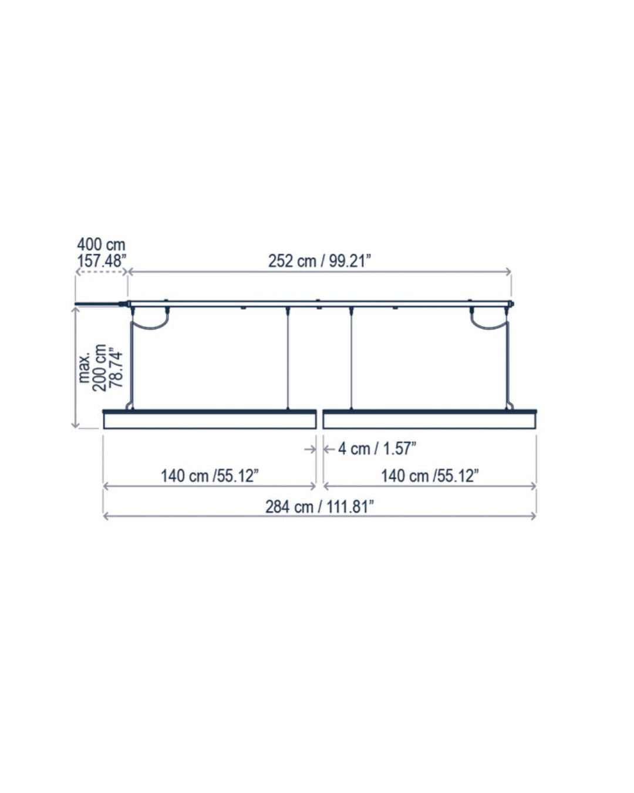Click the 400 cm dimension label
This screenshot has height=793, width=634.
pyautogui.click(x=101, y=245)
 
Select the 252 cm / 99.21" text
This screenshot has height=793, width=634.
pyautogui.click(x=319, y=261)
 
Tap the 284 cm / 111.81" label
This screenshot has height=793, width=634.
pyautogui.click(x=319, y=507)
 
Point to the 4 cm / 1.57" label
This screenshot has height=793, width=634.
pyautogui.click(x=377, y=449)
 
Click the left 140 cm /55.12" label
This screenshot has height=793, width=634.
pyautogui.click(x=210, y=476)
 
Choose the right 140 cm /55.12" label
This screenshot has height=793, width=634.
pyautogui.click(x=430, y=476)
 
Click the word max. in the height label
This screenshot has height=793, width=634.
pyautogui.click(x=85, y=368)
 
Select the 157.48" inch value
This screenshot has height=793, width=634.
pyautogui.click(x=102, y=261)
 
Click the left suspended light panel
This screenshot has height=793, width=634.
pyautogui.click(x=210, y=419)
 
